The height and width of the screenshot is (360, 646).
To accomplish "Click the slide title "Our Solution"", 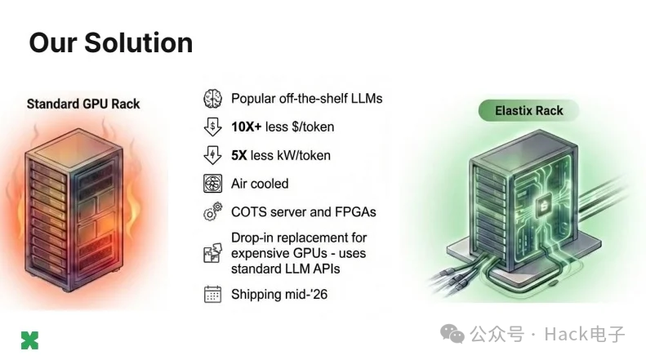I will [x=110, y=42].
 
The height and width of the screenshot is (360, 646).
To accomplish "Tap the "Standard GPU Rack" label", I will [x=83, y=104].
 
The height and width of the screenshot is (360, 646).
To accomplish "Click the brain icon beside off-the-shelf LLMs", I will [x=212, y=99].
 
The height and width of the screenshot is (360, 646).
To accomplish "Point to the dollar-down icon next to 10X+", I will [x=212, y=127].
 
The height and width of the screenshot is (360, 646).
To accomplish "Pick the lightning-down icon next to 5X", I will [x=212, y=155].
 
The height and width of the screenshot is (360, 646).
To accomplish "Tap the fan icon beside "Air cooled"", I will [x=212, y=184].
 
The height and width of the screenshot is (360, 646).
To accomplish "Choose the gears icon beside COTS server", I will [x=212, y=212].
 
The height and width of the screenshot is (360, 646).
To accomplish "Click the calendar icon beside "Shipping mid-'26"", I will [x=212, y=294].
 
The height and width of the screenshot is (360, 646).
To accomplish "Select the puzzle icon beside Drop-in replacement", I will [x=212, y=253].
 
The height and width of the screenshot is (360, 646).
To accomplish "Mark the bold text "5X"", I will [x=240, y=155].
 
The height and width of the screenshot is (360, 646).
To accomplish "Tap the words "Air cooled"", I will [x=260, y=184].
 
